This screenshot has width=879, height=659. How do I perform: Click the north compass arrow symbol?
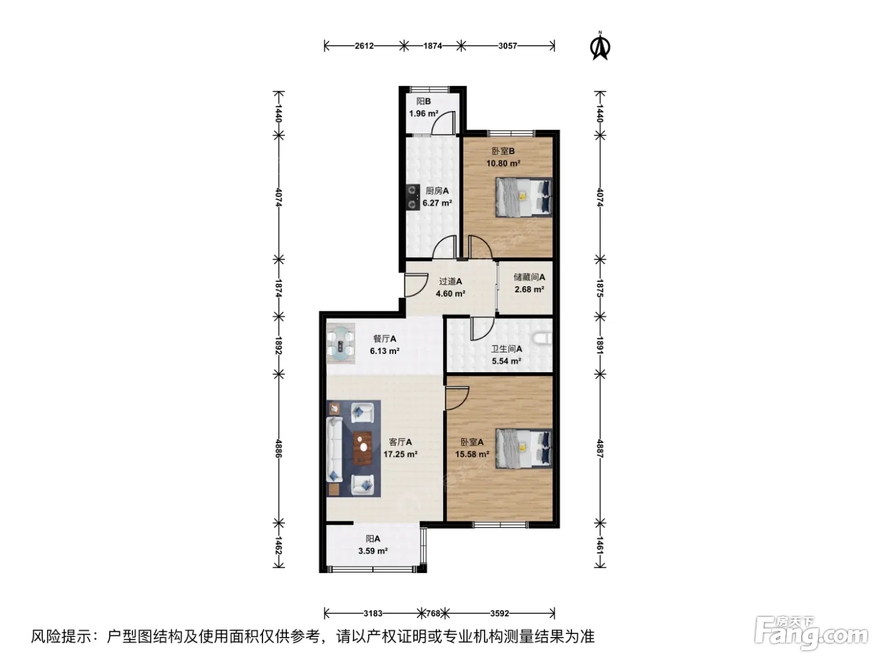600,47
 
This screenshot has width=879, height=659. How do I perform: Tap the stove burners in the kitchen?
412,197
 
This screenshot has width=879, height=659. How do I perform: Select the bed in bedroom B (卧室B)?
524,197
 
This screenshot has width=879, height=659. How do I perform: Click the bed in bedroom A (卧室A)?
524,449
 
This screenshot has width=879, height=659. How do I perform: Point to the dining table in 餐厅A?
341,343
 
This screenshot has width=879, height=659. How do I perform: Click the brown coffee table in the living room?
363,447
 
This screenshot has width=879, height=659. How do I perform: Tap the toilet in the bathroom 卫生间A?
543,338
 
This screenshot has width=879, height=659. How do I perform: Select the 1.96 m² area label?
423,114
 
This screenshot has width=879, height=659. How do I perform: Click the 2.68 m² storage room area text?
529,289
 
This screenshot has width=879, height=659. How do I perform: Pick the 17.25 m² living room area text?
400,454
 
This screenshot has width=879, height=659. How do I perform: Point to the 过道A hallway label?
450,282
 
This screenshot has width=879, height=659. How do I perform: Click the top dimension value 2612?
364,46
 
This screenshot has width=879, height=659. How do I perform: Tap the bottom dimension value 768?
433,613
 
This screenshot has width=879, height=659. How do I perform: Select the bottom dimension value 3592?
499,613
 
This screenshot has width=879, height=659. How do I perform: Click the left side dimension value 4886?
279,449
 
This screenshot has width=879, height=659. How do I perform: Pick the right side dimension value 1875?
600,289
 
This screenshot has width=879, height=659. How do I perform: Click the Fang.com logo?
811,634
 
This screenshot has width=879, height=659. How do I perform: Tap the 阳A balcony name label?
372,539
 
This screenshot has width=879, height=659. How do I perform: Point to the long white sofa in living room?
335,449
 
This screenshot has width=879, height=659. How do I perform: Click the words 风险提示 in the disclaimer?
62,636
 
